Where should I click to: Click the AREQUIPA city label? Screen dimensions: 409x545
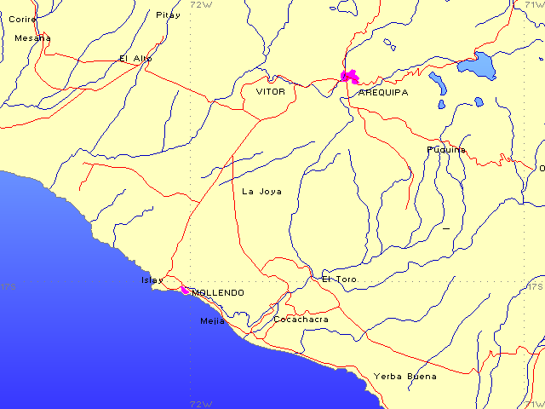pos(383,92)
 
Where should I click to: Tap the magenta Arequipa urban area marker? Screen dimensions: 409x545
pos(349,76)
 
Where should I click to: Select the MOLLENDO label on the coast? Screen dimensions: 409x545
pos(218,293)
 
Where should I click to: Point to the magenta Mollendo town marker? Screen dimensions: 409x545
pos(185,290)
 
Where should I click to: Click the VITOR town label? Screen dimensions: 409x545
pos(271,90)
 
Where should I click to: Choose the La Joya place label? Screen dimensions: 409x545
pos(261,192)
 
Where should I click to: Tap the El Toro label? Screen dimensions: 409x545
pos(339,279)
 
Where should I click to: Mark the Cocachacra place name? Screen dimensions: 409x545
pos(301,320)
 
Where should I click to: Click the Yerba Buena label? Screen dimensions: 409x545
pos(405,377)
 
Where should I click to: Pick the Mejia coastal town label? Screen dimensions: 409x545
pos(212,321)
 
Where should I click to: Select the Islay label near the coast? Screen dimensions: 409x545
pos(152,279)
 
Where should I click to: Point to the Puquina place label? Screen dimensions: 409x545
pos(446,150)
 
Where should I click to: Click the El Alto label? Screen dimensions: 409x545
pos(135,59)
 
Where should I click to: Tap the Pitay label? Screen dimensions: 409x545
pos(168,14)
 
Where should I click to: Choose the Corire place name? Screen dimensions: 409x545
pos(22,19)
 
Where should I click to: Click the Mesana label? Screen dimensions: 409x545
pos(32,37)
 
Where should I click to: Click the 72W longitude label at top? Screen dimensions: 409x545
pos(201,4)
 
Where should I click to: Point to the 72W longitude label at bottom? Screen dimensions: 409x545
pos(201,404)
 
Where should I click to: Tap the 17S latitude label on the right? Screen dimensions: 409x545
pos(535,287)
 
